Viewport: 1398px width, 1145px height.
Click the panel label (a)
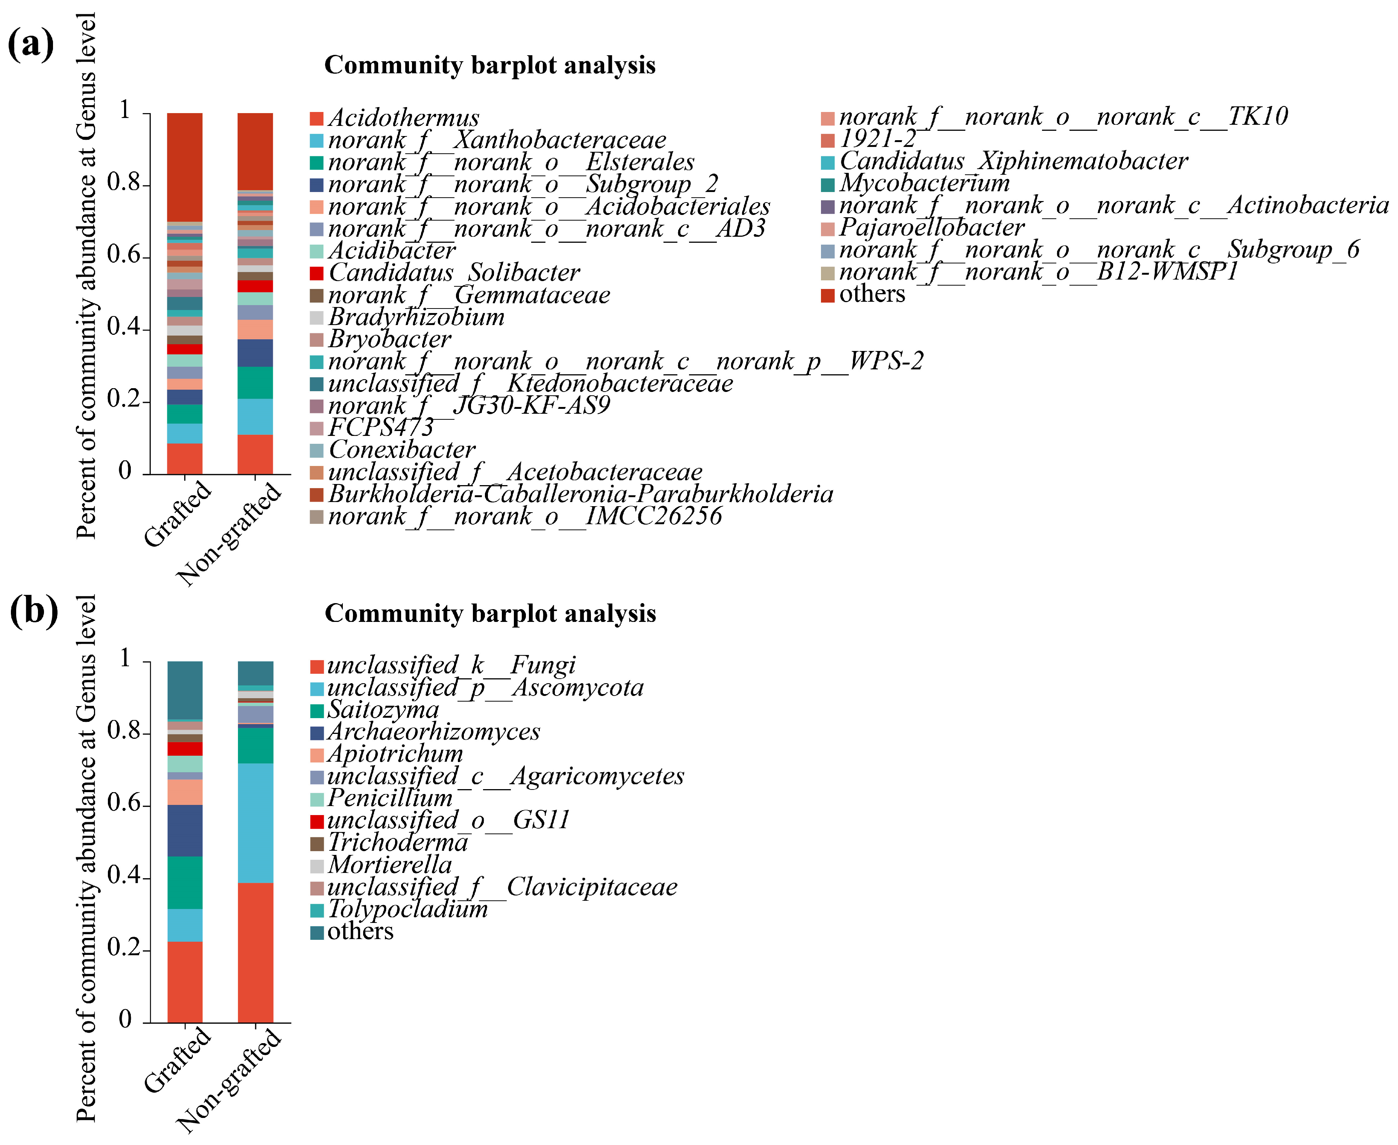pyautogui.click(x=30, y=45)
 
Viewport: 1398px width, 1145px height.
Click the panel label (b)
pyautogui.click(x=33, y=611)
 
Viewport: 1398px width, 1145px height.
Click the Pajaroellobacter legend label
pyautogui.click(x=931, y=228)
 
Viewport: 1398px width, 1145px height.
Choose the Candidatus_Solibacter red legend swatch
pyautogui.click(x=317, y=273)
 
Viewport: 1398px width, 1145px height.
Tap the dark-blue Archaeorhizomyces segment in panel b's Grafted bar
pyautogui.click(x=185, y=830)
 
